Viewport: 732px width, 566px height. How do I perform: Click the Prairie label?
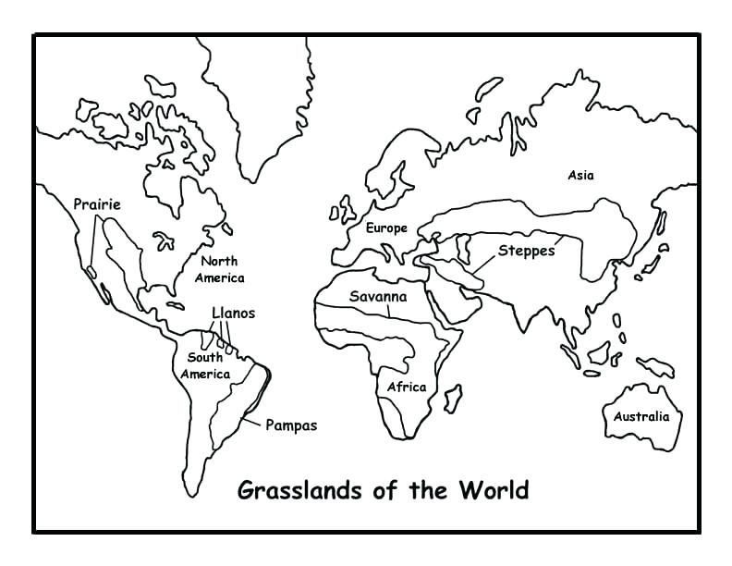97,203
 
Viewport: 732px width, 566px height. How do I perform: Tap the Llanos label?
233,313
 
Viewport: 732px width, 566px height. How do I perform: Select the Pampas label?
291,425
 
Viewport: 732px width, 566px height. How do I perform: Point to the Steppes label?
527,250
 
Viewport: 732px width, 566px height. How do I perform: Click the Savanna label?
377,297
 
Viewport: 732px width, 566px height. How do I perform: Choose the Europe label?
386,228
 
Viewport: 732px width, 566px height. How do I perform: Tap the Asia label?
581,175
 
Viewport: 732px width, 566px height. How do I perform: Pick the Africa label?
407,387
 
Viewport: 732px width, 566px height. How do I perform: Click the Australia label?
641,416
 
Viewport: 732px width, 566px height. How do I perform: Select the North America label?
220,269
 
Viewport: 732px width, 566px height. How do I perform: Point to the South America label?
205,365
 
